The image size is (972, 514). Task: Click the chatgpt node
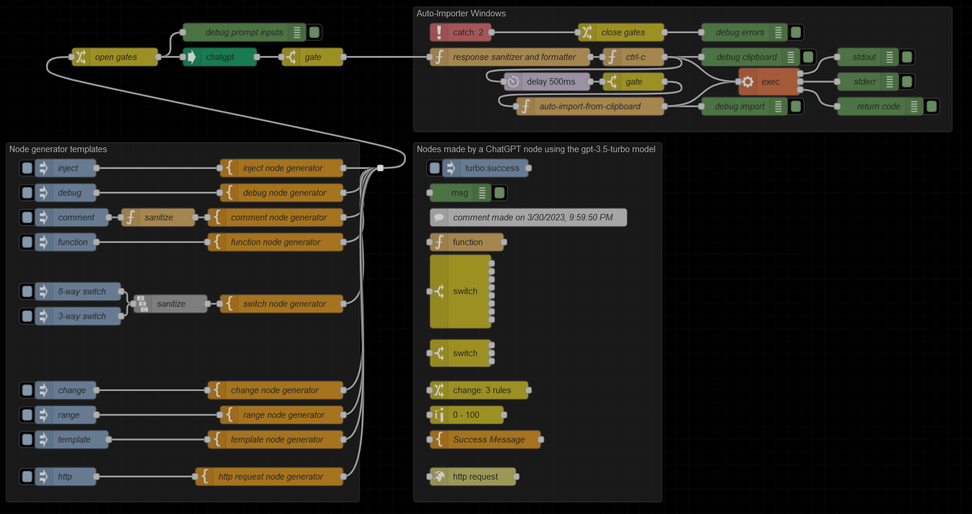pos(220,57)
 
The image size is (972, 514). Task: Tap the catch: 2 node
pos(461,33)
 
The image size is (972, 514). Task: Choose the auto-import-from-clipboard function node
pos(589,107)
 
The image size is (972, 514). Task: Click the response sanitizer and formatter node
pos(513,57)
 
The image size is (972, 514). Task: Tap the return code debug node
pos(878,107)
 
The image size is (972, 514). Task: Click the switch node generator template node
pos(284,304)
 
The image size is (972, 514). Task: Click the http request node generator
pos(270,477)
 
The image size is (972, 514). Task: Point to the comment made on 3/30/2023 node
pos(532,217)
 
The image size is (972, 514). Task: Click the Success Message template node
pos(488,439)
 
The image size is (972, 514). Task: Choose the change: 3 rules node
pos(481,390)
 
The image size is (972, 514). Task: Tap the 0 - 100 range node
pos(466,415)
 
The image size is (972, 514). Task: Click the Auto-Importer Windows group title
pos(461,13)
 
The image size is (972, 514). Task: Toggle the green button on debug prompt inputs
pos(314,33)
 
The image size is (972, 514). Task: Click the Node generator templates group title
pos(58,149)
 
